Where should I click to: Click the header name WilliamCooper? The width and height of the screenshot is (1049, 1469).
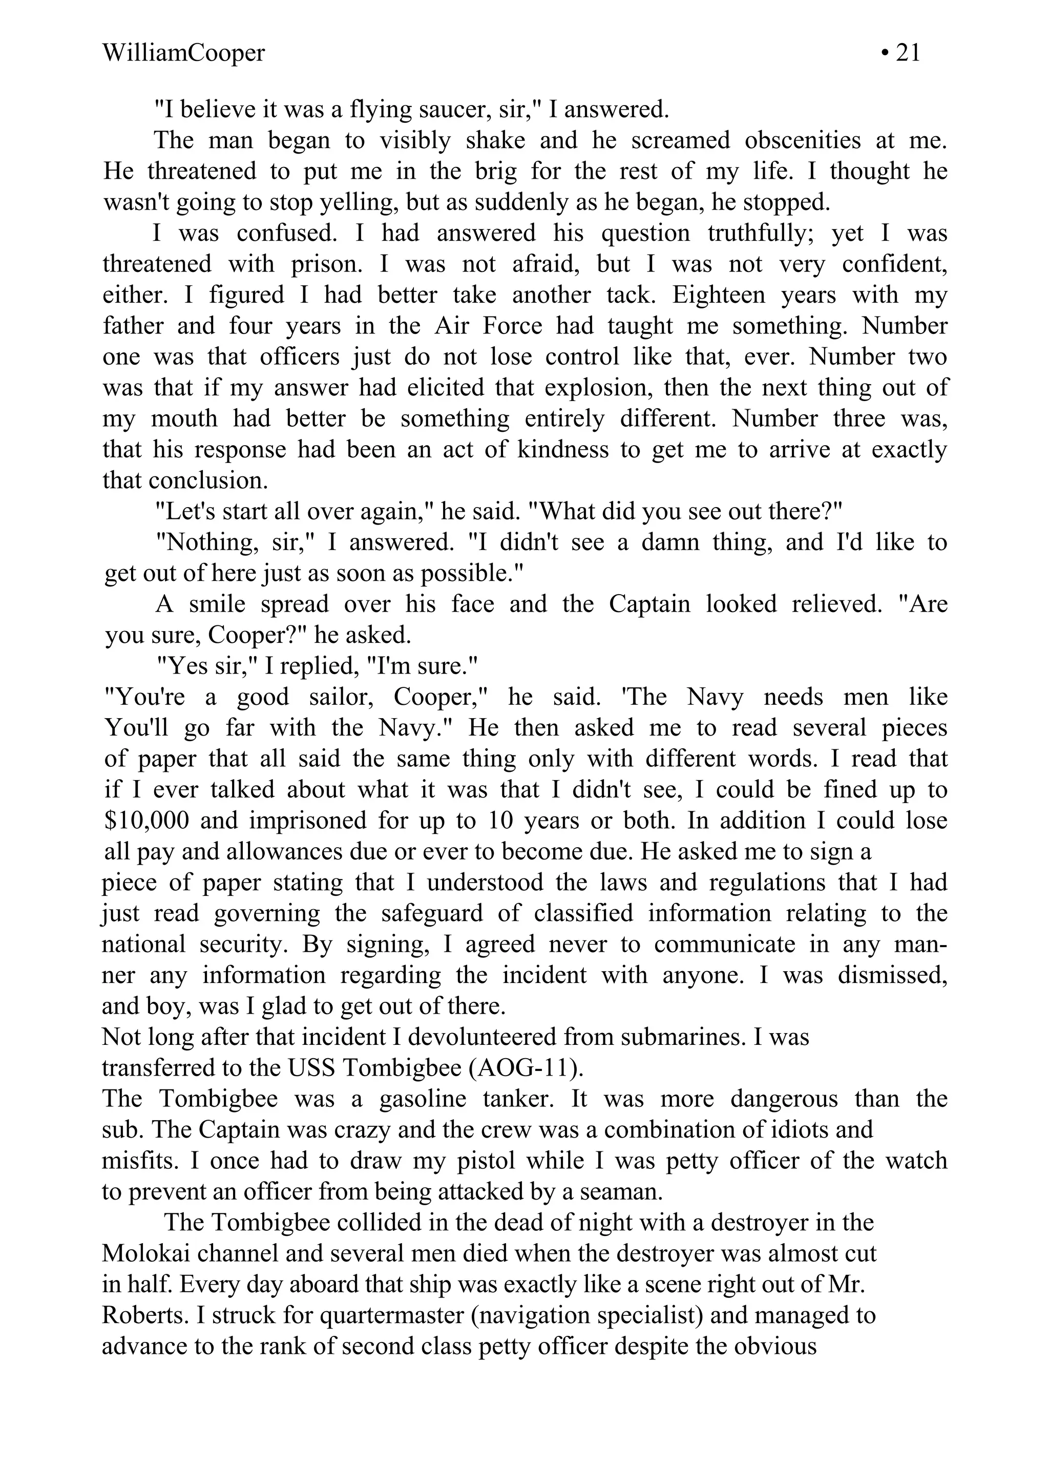pyautogui.click(x=183, y=52)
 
